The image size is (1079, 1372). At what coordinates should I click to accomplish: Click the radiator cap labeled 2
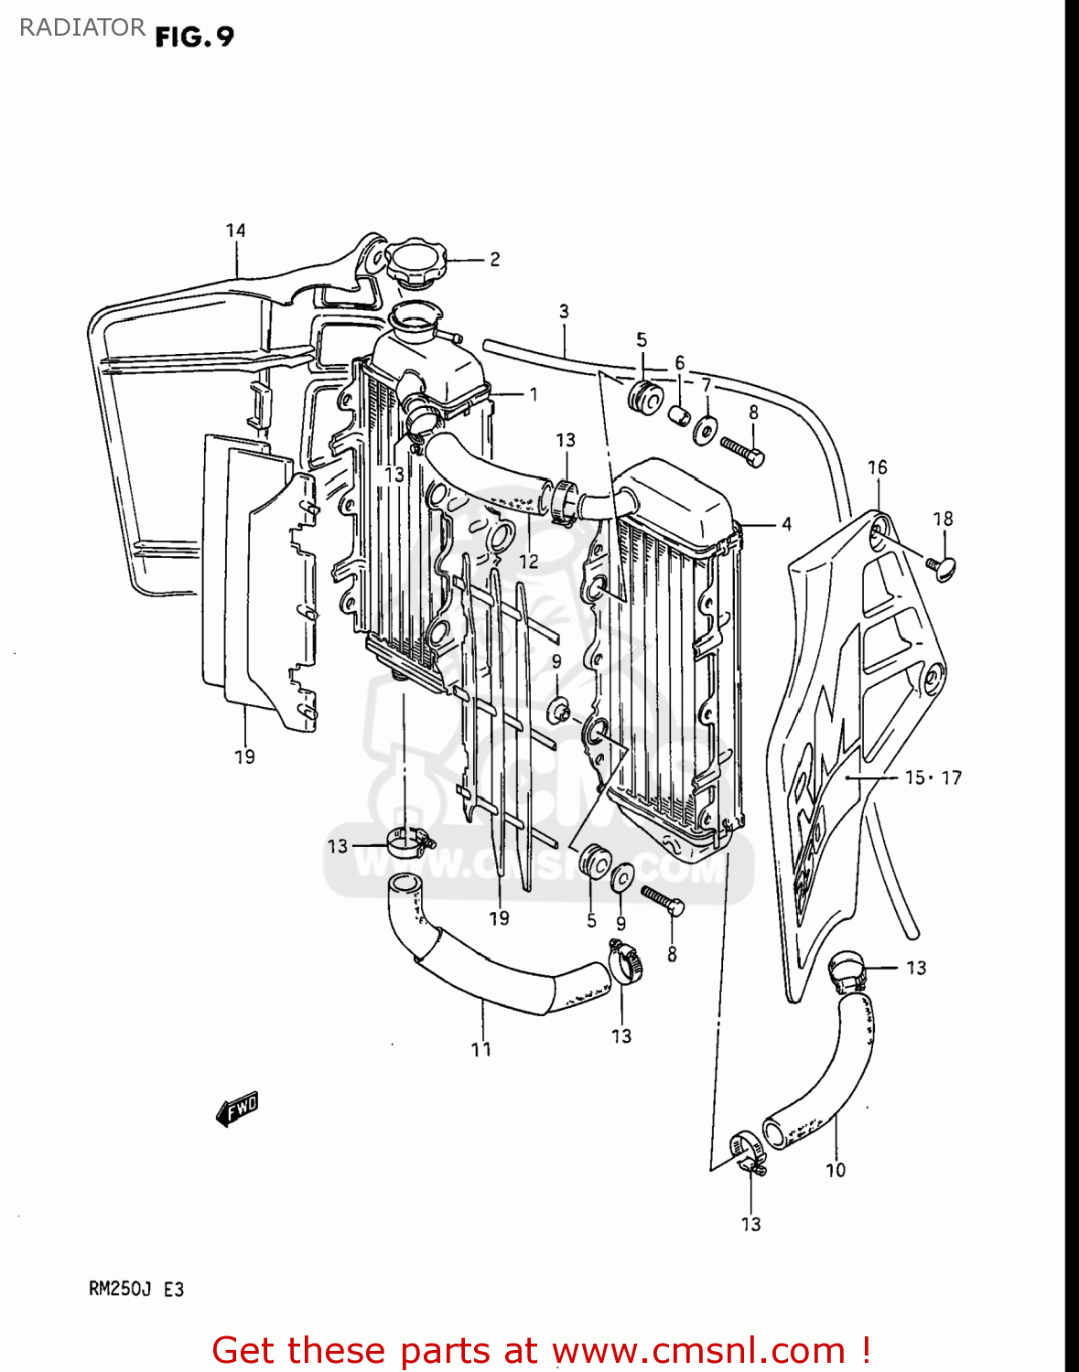pos(417,263)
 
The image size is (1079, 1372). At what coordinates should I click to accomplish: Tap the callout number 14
pos(236,230)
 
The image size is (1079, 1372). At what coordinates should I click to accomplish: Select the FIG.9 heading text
pos(194,37)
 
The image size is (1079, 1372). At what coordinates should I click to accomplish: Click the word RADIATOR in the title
pos(82,27)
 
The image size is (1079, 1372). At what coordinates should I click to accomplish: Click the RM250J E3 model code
pos(136,1290)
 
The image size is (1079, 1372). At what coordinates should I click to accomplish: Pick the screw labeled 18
pos(941,567)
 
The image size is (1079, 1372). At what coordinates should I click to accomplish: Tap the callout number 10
pos(836,1170)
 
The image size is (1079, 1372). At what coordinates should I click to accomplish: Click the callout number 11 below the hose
pos(481,1049)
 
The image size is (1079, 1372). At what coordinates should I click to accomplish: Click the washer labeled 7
pos(705,428)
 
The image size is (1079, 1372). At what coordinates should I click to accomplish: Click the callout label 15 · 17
pos(933,777)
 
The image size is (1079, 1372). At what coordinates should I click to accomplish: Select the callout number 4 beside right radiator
pos(786,524)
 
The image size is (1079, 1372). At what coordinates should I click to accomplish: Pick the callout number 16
pos(878,467)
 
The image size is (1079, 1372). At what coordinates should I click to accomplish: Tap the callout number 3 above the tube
pos(564,312)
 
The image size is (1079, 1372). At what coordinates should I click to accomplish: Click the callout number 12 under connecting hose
pos(529,561)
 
